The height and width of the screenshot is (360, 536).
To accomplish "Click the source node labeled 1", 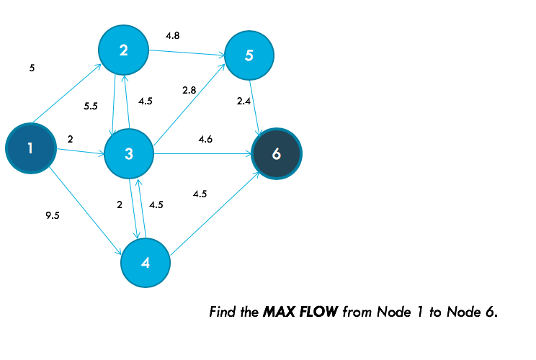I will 30,148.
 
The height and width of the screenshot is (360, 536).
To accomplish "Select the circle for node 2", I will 124,50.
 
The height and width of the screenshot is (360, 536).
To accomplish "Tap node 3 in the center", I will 129,153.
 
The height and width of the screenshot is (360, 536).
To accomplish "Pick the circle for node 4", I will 146,263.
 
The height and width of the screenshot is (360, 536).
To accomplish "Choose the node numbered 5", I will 249,55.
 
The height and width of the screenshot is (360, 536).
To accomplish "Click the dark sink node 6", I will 277,153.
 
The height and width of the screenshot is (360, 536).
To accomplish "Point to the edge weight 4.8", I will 172,35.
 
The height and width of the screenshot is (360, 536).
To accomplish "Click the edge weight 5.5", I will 91,106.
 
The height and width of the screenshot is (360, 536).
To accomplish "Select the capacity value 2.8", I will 189,90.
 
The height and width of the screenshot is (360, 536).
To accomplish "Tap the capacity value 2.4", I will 244,102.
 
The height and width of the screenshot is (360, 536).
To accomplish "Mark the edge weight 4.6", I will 205,138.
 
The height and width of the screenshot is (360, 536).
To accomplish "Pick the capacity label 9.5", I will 52,215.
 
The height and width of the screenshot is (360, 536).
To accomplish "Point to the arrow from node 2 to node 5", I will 187,53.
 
